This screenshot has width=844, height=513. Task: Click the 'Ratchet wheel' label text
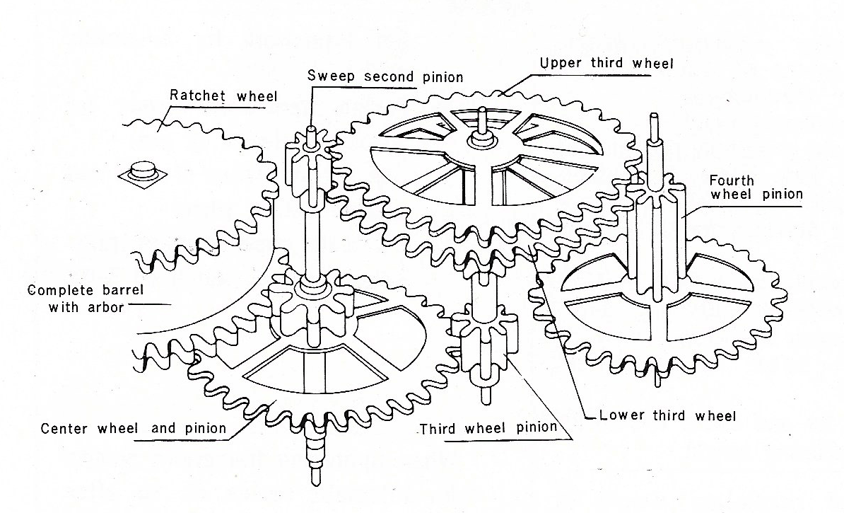pyautogui.click(x=223, y=95)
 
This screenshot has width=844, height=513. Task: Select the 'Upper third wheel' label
pyautogui.click(x=606, y=63)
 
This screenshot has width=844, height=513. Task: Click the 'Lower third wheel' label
pyautogui.click(x=667, y=415)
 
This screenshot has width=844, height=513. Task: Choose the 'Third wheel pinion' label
pyautogui.click(x=488, y=429)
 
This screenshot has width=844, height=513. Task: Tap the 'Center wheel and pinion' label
pyautogui.click(x=134, y=428)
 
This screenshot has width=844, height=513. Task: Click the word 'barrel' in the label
pyautogui.click(x=105, y=290)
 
